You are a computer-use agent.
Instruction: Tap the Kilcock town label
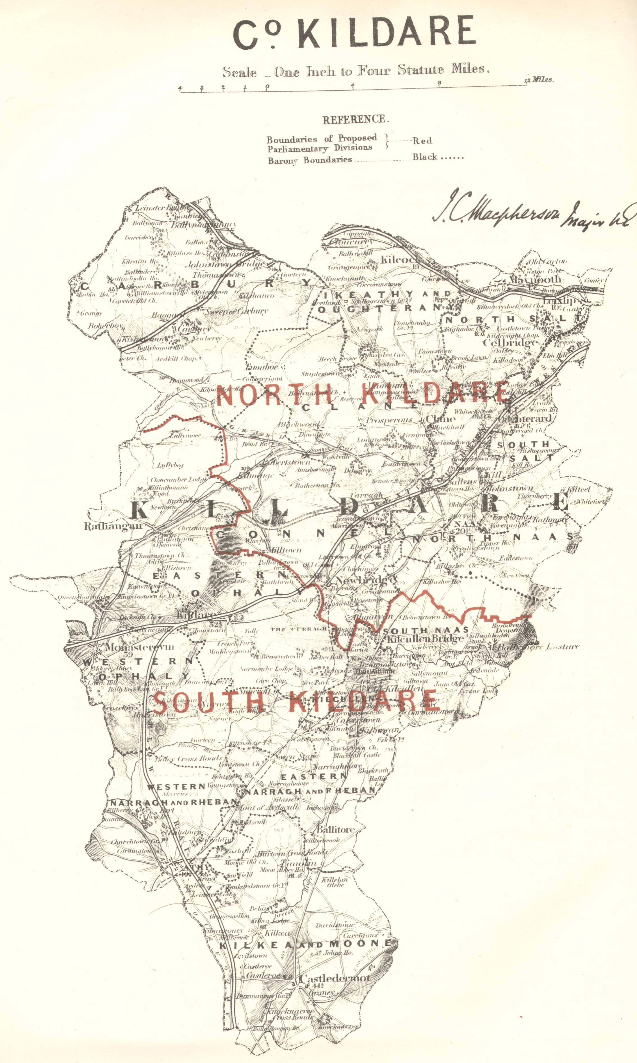coord(399,259)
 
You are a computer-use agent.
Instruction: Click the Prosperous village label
coord(389,420)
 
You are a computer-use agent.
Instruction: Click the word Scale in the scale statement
coord(239,72)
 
